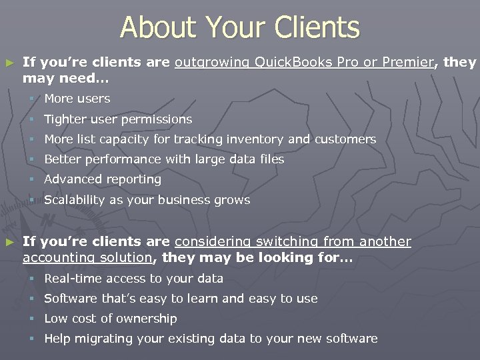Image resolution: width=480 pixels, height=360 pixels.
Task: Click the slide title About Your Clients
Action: pyautogui.click(x=239, y=28)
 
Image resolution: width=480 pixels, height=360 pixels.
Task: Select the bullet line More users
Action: pyautogui.click(x=77, y=99)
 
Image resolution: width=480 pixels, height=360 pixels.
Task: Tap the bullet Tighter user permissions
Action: pyautogui.click(x=118, y=119)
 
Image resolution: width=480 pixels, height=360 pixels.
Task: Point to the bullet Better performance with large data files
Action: pyautogui.click(x=164, y=159)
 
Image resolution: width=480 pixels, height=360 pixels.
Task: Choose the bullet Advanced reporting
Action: pyautogui.click(x=103, y=179)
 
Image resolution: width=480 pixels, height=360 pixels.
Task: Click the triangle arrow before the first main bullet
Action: pyautogui.click(x=9, y=63)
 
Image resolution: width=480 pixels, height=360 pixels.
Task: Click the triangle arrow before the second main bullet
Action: pyautogui.click(x=9, y=242)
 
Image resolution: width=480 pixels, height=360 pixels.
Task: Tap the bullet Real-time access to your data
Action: pyautogui.click(x=133, y=279)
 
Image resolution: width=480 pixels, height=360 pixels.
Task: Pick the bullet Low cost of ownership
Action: pyautogui.click(x=111, y=319)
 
